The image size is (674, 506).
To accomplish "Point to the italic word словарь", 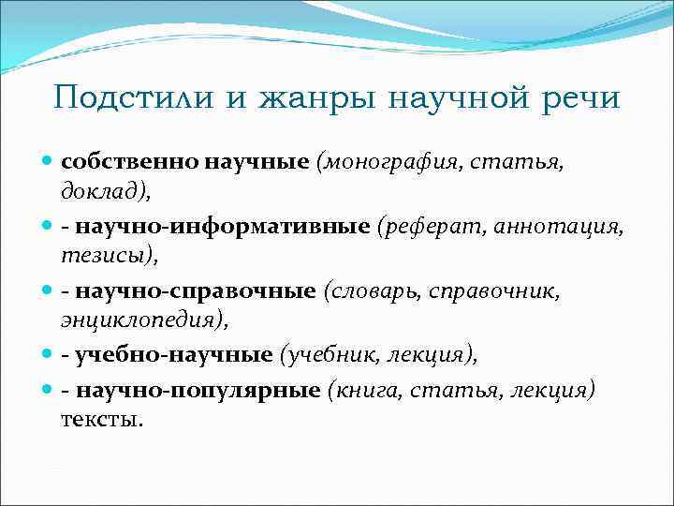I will (x=373, y=291).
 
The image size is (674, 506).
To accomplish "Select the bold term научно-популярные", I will (x=198, y=388).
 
